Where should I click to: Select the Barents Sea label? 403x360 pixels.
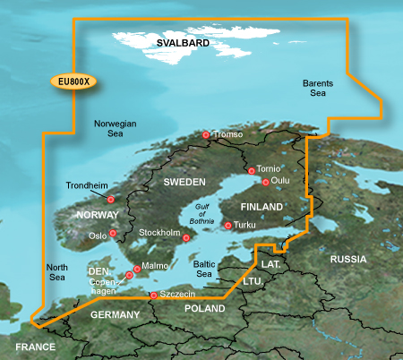pos(319,86)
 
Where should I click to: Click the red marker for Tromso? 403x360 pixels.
pos(206,135)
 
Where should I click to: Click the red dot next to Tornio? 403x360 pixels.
pos(252,169)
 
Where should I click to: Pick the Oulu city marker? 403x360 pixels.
pos(265,181)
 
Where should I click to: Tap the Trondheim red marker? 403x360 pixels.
pos(111,200)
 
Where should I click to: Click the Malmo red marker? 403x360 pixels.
pos(136,268)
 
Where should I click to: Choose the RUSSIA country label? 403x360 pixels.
pos(348,259)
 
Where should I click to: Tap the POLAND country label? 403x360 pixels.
pos(204,308)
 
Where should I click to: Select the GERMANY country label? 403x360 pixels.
pos(116,315)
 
